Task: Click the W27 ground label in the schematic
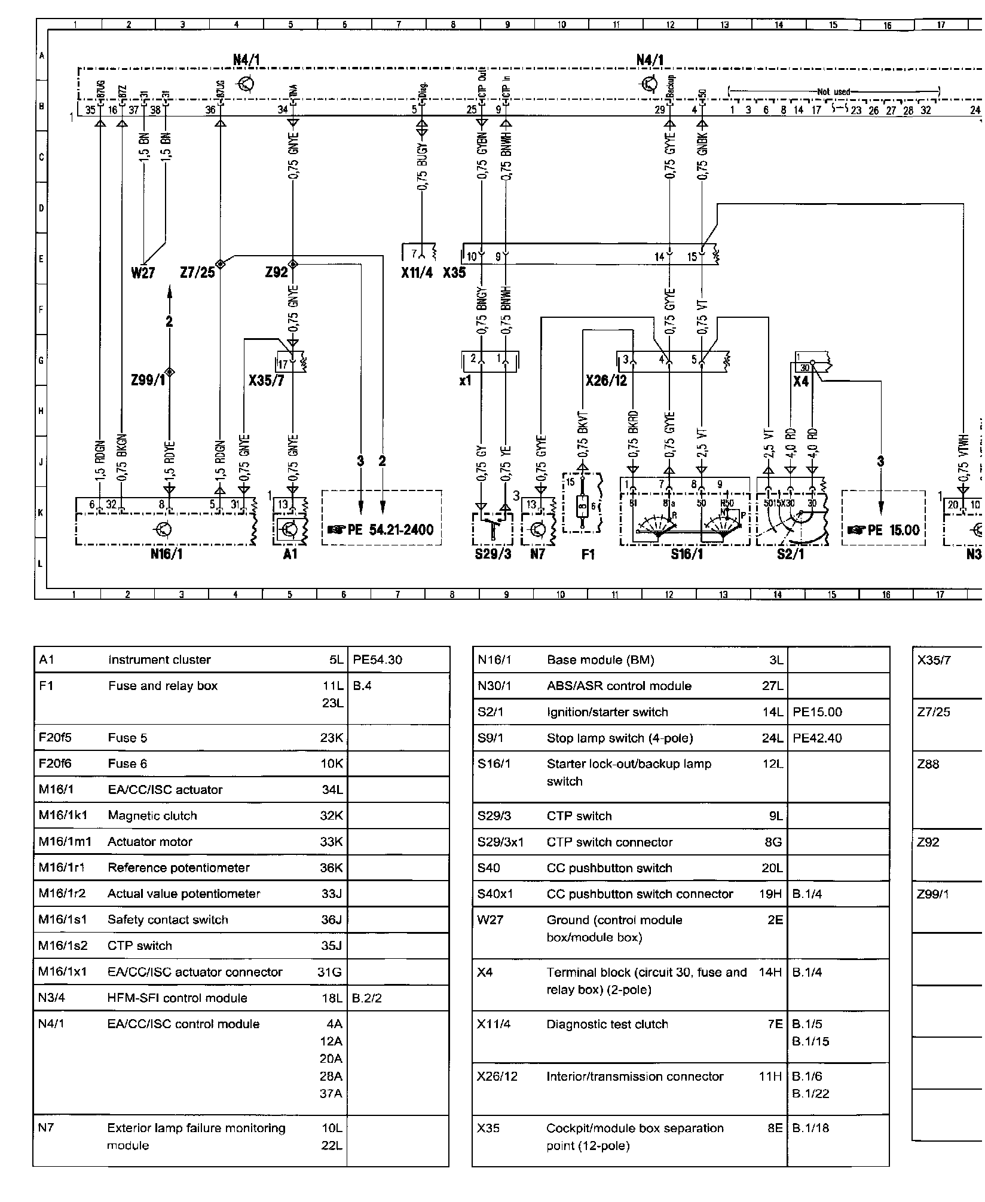(143, 273)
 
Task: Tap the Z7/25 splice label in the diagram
(197, 273)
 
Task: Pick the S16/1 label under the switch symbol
(687, 554)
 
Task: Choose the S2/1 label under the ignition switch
(791, 554)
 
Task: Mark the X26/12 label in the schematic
(606, 380)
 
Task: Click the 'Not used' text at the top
(833, 92)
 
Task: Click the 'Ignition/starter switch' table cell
(607, 712)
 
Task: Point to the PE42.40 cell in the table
(817, 738)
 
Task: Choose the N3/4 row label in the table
(53, 998)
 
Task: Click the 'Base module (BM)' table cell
(600, 660)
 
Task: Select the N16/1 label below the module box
(167, 554)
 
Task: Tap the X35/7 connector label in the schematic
(266, 380)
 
